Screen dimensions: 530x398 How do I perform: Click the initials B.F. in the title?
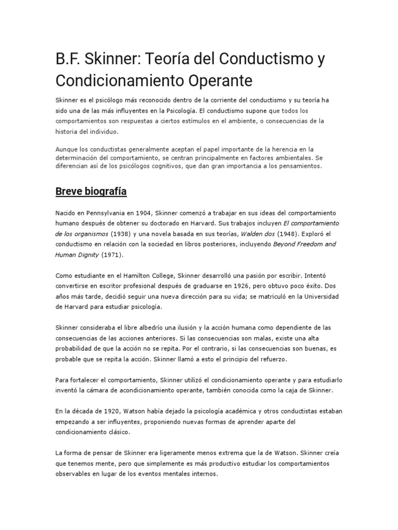tap(67, 60)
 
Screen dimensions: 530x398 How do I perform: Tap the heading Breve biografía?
tap(91, 192)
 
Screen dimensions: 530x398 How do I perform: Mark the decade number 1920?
tap(107, 411)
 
